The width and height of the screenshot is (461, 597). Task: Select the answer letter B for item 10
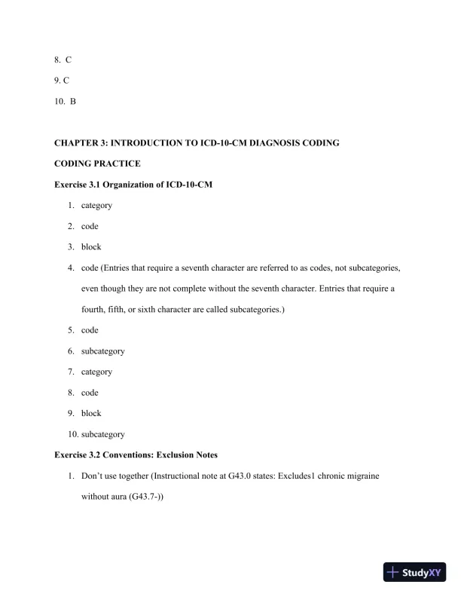click(73, 100)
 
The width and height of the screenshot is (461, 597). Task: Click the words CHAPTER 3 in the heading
click(81, 142)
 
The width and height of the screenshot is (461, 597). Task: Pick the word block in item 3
click(91, 247)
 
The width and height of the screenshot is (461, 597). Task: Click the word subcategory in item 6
click(103, 351)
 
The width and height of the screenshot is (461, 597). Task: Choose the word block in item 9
click(91, 413)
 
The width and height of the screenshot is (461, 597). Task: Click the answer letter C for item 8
click(69, 59)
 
